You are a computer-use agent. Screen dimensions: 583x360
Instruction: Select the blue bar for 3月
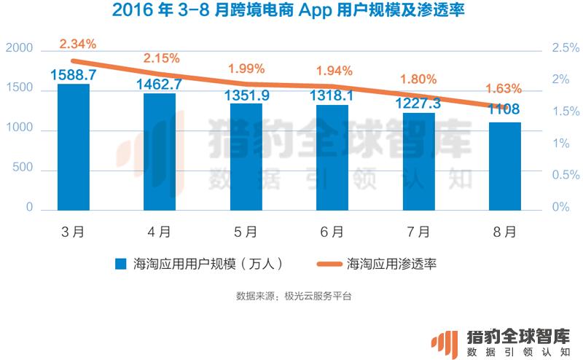point(74,147)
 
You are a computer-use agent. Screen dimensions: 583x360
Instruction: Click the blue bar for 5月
point(246,157)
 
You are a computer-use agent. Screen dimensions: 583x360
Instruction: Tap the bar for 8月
point(505,166)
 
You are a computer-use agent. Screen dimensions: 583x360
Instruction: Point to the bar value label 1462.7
point(159,85)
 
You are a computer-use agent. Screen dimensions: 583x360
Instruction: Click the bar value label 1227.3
point(418,103)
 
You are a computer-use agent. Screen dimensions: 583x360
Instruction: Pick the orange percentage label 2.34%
point(78,44)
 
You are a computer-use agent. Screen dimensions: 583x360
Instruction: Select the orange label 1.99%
point(246,69)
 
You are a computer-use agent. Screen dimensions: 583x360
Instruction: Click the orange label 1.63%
point(504,88)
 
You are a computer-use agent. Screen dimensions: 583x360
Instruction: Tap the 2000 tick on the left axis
point(20,48)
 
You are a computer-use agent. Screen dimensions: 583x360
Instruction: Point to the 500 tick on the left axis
point(23,167)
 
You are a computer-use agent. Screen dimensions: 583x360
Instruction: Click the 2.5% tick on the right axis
point(566,47)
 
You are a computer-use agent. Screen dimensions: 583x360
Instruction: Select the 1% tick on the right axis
point(560,143)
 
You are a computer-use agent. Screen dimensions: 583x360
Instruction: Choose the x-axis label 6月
point(332,232)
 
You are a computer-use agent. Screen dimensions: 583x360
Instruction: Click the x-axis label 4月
point(159,232)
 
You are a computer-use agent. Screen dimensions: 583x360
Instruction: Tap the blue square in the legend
point(121,264)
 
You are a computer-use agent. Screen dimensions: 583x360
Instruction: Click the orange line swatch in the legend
point(329,264)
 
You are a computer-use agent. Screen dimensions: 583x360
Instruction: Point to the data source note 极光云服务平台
point(318,296)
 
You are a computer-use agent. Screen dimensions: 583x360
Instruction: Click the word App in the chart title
point(315,10)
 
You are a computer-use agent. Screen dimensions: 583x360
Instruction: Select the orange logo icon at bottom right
point(445,345)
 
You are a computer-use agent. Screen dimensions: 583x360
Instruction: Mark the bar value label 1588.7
point(74,75)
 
